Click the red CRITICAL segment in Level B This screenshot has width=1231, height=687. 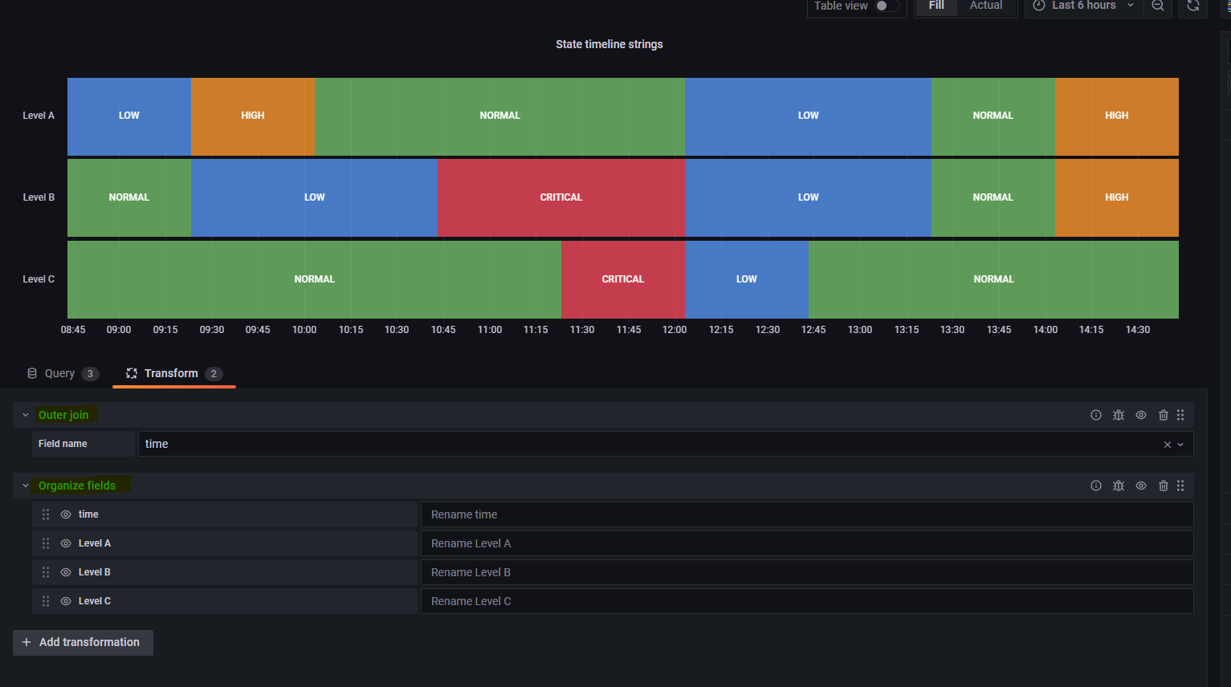coord(561,197)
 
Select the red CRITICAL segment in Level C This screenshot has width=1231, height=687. coord(623,279)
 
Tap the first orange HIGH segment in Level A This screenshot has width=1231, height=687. coord(252,116)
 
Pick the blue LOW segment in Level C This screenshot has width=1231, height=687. coord(747,279)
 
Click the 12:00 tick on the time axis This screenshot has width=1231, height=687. coord(675,330)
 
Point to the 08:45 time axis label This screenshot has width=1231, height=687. coord(73,330)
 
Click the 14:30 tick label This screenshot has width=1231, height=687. coord(1138,330)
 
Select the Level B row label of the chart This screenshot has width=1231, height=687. coord(39,197)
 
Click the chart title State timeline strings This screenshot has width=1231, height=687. coord(609,44)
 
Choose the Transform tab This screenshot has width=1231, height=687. coord(172,373)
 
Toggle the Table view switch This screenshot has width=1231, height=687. coord(887,6)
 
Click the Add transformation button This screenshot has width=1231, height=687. coord(83,642)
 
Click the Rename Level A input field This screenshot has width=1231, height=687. coord(806,543)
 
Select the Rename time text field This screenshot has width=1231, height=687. coord(806,514)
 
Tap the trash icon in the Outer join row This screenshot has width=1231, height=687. coord(1164,415)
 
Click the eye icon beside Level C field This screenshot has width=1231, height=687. coord(66,601)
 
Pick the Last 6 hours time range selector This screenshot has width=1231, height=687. coord(1083,6)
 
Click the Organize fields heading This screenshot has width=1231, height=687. coord(77,486)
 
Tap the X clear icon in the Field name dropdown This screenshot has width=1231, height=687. coord(1168,445)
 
